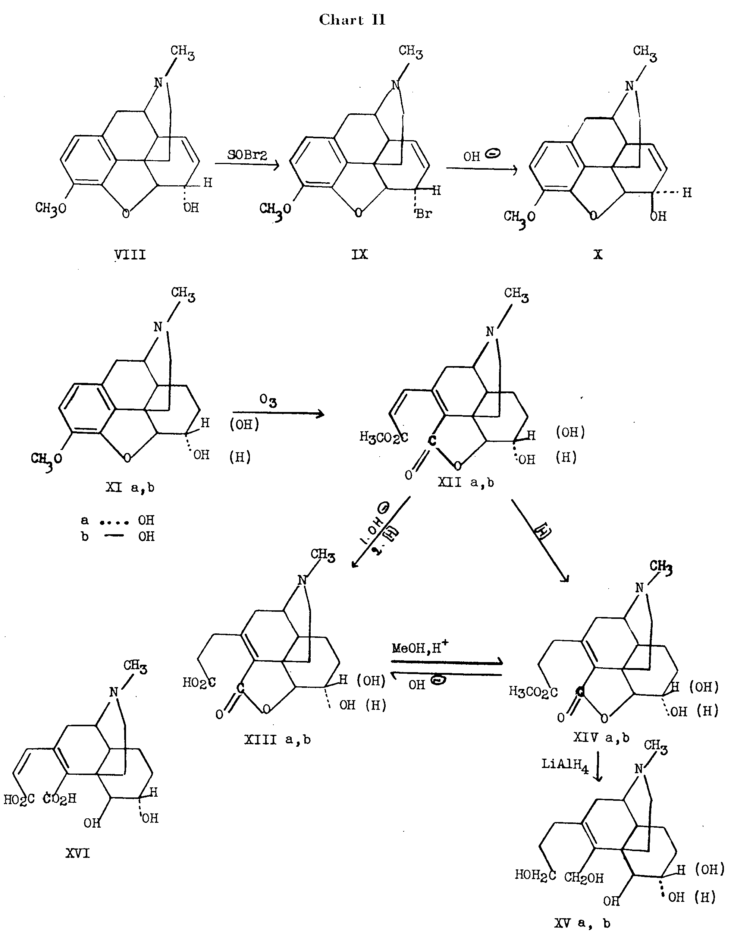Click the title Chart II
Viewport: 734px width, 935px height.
point(352,20)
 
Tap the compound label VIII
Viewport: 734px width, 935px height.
point(130,255)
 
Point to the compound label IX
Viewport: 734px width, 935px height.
point(360,254)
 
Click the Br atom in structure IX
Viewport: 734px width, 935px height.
point(424,214)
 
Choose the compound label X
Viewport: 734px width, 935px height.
point(598,255)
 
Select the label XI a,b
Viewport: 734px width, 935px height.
point(130,488)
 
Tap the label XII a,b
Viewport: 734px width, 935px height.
point(466,483)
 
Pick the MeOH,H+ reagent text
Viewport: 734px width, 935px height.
point(420,648)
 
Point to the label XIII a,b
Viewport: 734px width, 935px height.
point(277,740)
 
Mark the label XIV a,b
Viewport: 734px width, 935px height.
point(601,738)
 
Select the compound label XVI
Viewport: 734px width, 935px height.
point(78,853)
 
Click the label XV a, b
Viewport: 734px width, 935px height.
point(582,923)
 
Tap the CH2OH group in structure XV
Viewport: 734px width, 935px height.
point(584,878)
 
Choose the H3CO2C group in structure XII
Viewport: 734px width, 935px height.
point(384,438)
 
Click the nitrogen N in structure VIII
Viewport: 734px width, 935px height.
point(159,82)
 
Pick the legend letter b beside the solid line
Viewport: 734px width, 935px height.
point(85,536)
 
